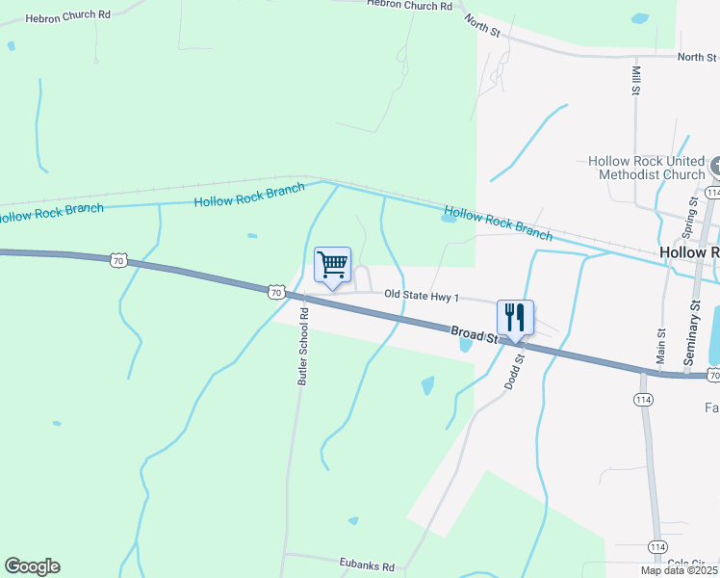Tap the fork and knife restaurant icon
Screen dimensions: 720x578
tap(515, 317)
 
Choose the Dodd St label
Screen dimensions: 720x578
tap(514, 371)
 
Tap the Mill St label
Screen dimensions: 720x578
tap(635, 81)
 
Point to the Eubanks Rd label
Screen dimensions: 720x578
tap(367, 566)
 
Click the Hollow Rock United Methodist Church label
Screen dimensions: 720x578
tap(645, 169)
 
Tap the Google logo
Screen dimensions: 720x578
tap(32, 566)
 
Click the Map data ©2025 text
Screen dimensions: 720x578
tap(679, 570)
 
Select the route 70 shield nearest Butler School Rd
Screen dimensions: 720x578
tap(276, 291)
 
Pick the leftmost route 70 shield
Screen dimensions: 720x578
tap(117, 260)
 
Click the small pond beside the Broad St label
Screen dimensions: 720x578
tap(465, 343)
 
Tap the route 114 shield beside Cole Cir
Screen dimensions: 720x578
tap(657, 547)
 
